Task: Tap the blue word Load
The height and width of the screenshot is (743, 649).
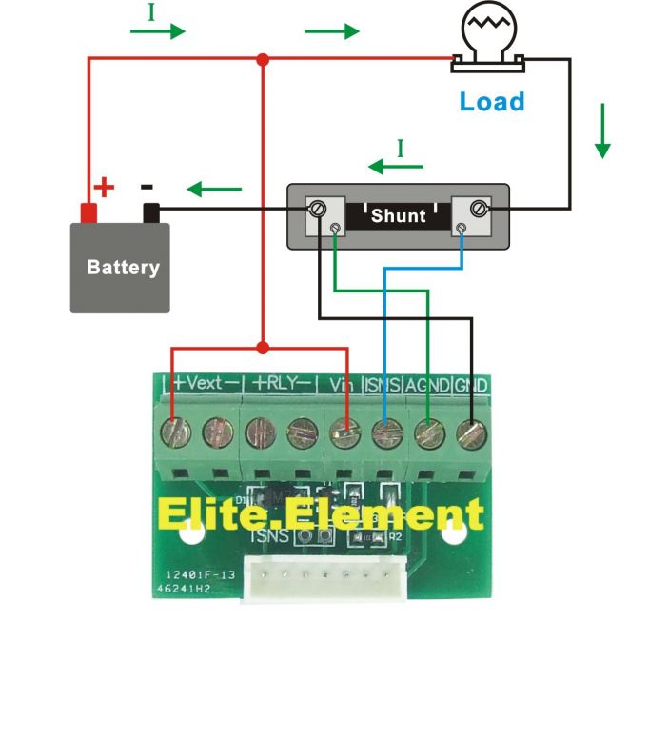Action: click(x=491, y=101)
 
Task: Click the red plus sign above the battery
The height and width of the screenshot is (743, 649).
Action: click(x=104, y=187)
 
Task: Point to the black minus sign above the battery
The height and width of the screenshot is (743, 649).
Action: click(x=147, y=187)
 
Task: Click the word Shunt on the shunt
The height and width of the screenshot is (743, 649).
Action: click(x=398, y=215)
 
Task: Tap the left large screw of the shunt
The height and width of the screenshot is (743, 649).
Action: click(x=319, y=209)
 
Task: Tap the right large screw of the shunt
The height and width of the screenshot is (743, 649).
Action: click(x=479, y=209)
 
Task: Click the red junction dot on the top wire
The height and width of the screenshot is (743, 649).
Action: click(x=263, y=60)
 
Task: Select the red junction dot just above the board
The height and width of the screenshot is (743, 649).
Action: click(x=263, y=348)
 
